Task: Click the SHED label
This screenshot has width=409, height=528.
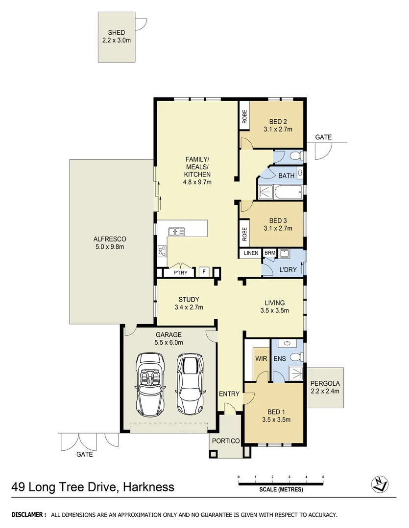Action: (x=116, y=33)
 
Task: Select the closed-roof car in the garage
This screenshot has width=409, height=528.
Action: (x=190, y=377)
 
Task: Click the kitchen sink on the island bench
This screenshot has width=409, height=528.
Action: (x=176, y=231)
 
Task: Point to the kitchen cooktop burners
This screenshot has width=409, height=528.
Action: (x=162, y=251)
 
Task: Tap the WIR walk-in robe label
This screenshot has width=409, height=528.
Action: (x=260, y=359)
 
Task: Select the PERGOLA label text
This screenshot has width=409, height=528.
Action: (x=325, y=383)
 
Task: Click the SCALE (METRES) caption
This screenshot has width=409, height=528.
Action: (x=281, y=489)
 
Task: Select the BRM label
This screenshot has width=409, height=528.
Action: (x=269, y=253)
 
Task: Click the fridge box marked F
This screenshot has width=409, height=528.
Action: (x=203, y=272)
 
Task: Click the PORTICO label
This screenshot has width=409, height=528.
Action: (x=225, y=441)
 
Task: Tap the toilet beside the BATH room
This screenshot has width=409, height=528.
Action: (x=294, y=156)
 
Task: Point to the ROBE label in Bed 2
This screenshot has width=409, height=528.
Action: (x=244, y=116)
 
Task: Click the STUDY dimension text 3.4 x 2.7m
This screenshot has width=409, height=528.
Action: (x=189, y=308)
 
